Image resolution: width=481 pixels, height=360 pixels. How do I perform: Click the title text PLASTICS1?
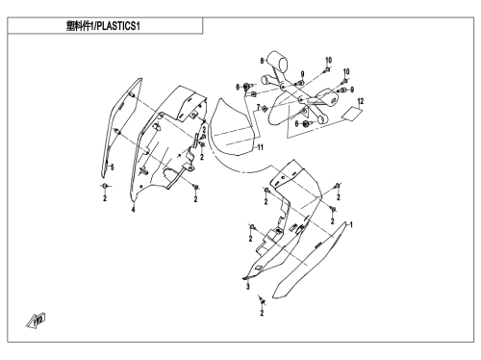click(x=118, y=26)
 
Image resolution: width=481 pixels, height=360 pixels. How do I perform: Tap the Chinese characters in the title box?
click(x=79, y=26)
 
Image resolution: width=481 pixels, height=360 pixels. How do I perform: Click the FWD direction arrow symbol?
click(x=36, y=321)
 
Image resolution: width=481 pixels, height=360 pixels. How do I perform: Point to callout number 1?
click(x=351, y=224)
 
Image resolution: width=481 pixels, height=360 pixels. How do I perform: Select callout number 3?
click(x=247, y=286)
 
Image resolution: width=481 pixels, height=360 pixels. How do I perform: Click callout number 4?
click(x=133, y=210)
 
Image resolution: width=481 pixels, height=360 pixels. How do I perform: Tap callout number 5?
click(x=113, y=167)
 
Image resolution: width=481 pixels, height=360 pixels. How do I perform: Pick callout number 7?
click(x=258, y=108)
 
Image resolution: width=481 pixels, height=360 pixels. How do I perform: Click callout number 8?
click(x=262, y=61)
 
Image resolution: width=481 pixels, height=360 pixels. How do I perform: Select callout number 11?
click(x=261, y=147)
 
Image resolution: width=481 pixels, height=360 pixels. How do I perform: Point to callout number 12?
click(x=361, y=101)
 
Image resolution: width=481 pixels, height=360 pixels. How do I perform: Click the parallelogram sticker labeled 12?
click(x=351, y=114)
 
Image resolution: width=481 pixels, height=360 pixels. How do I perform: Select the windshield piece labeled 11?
click(x=233, y=127)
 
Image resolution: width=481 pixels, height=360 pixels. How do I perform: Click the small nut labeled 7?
click(x=265, y=109)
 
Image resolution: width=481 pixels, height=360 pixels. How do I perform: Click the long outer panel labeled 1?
click(x=310, y=261)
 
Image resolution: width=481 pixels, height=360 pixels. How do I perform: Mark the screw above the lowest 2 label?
click(x=263, y=300)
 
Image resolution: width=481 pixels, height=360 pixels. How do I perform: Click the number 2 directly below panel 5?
click(x=105, y=199)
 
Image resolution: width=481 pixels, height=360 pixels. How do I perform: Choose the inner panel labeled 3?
click(x=282, y=221)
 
